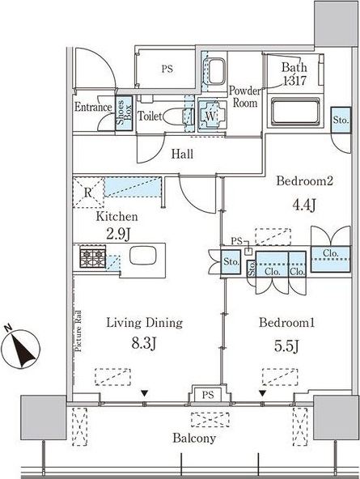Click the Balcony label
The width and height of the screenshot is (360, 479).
coord(194,439)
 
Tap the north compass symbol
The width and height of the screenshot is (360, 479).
coord(20,348)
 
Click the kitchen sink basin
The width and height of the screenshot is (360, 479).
coord(143,256)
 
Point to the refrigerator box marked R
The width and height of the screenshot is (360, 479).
coord(88,193)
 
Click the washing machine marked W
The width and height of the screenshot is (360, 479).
coord(212,115)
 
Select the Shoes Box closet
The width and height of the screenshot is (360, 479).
coord(124,113)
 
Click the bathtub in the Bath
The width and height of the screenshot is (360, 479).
coord(295,112)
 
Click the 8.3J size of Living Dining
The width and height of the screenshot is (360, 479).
coord(144,344)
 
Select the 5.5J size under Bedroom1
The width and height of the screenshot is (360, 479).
coord(286,345)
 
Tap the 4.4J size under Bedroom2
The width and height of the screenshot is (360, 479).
coord(304,205)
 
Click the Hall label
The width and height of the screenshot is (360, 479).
coord(182,154)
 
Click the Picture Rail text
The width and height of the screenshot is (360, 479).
coord(78,331)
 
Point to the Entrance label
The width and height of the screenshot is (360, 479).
coord(93,108)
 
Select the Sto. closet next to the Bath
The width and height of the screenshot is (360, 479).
coord(341,120)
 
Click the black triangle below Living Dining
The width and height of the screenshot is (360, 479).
coord(145,393)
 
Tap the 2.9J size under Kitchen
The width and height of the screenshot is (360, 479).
coord(118,234)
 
